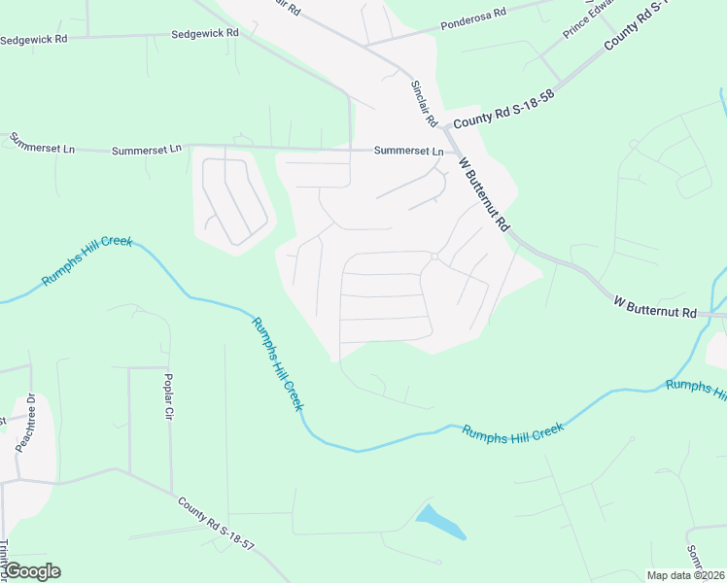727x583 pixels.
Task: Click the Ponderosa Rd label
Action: coord(473,15)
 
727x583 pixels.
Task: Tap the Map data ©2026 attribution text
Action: coord(685,575)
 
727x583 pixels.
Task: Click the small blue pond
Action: coord(439,522)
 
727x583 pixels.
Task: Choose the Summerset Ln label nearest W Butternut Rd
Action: coord(410,152)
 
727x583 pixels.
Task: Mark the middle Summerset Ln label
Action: coord(147,150)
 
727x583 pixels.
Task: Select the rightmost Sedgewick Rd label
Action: coord(204,33)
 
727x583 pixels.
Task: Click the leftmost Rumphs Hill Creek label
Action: coord(87,259)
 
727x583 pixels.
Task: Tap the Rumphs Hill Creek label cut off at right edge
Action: coord(696,389)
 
